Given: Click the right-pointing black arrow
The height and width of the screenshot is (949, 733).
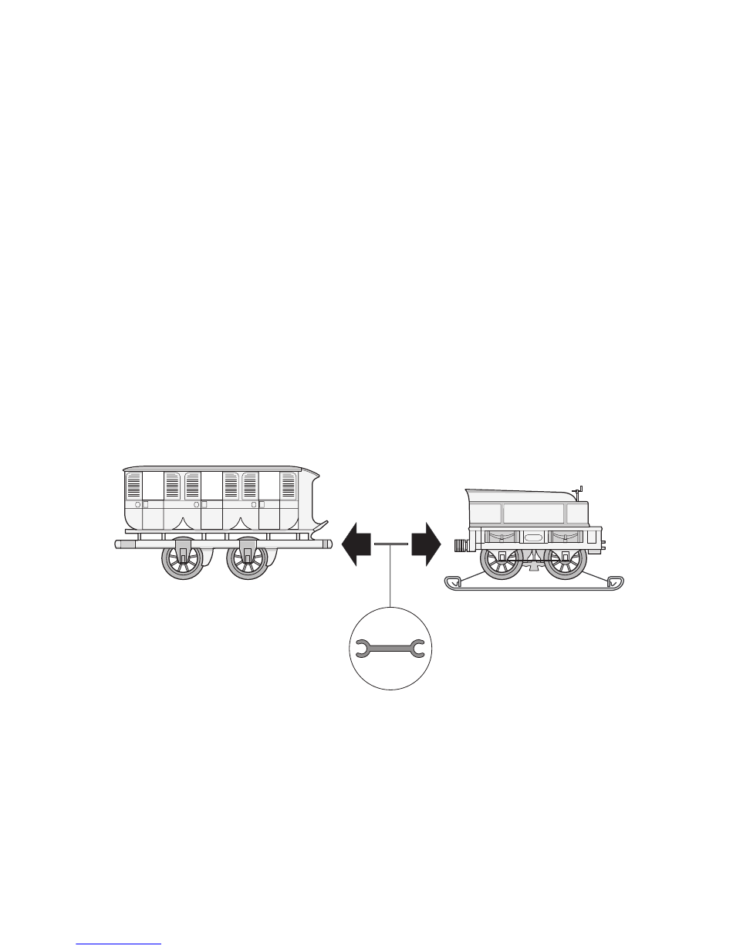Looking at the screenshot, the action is pyautogui.click(x=425, y=544).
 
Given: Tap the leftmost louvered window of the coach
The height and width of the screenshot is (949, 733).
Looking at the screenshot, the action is pyautogui.click(x=134, y=486).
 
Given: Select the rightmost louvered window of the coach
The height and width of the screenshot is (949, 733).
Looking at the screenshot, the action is pyautogui.click(x=289, y=486).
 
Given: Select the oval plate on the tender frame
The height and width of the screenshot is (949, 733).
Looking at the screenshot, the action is pyautogui.click(x=533, y=537).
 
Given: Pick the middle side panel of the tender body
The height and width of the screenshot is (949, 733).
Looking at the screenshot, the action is pyautogui.click(x=533, y=513).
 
